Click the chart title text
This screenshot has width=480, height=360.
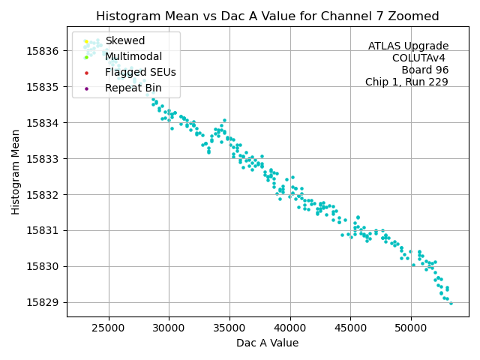pyautogui.click(x=267, y=16)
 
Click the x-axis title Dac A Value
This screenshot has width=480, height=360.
pyautogui.click(x=267, y=343)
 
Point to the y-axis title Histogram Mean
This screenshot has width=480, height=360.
pyautogui.click(x=16, y=171)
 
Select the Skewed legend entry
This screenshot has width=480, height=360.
pyautogui.click(x=125, y=40)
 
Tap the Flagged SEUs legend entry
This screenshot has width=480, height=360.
pyautogui.click(x=140, y=73)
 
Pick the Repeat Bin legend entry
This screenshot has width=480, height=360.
pyautogui.click(x=133, y=88)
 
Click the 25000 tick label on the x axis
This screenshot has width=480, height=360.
pyautogui.click(x=109, y=328)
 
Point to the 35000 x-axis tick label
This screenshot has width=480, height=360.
pyautogui.click(x=229, y=328)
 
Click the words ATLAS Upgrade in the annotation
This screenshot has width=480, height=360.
pyautogui.click(x=408, y=46)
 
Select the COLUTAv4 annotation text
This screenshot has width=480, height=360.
pyautogui.click(x=420, y=58)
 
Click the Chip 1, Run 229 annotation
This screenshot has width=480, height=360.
pyautogui.click(x=406, y=82)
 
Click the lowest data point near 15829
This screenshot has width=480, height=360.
pyautogui.click(x=451, y=303)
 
